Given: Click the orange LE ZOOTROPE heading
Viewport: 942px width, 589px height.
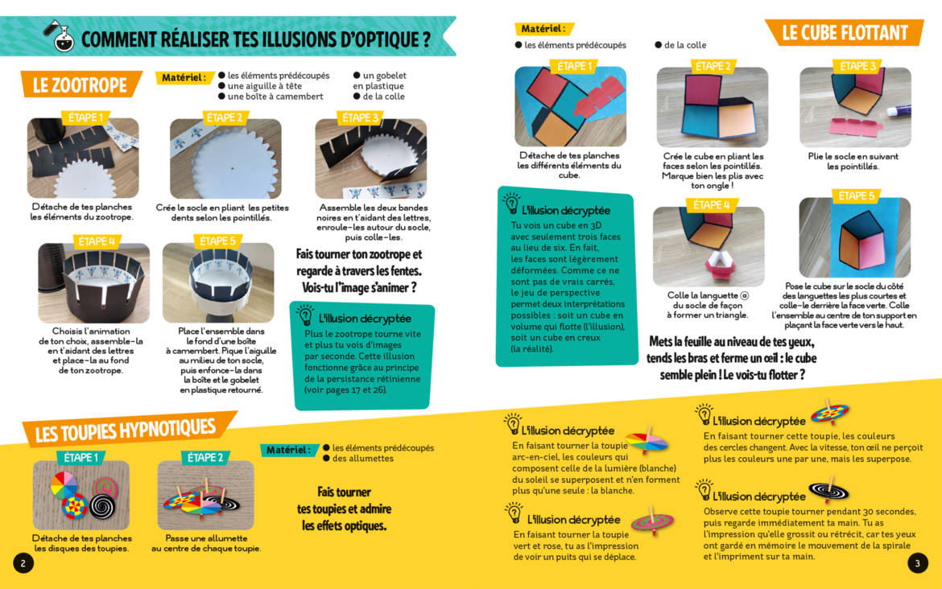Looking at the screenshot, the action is (81, 84).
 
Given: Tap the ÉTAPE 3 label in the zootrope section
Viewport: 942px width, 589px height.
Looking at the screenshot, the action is (361, 117).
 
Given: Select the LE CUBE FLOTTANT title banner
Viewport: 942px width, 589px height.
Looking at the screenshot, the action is (845, 32).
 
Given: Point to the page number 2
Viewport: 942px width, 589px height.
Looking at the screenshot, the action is (23, 563).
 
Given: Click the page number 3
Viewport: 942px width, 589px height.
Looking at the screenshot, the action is (917, 563).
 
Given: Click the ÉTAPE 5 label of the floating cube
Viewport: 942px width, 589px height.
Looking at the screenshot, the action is (856, 196).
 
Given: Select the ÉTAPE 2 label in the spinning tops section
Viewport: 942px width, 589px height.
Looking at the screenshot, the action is (205, 458).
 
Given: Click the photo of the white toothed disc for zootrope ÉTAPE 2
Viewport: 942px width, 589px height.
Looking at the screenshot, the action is (225, 159).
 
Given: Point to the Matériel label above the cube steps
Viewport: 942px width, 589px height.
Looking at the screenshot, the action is (543, 28).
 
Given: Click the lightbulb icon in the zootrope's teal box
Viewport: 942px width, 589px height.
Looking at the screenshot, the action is (305, 315).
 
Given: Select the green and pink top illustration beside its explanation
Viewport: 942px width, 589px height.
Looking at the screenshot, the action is (652, 521).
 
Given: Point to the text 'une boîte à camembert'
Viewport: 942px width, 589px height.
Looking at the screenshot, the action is (275, 96).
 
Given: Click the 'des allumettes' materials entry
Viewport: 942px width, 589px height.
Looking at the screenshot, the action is (363, 458).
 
